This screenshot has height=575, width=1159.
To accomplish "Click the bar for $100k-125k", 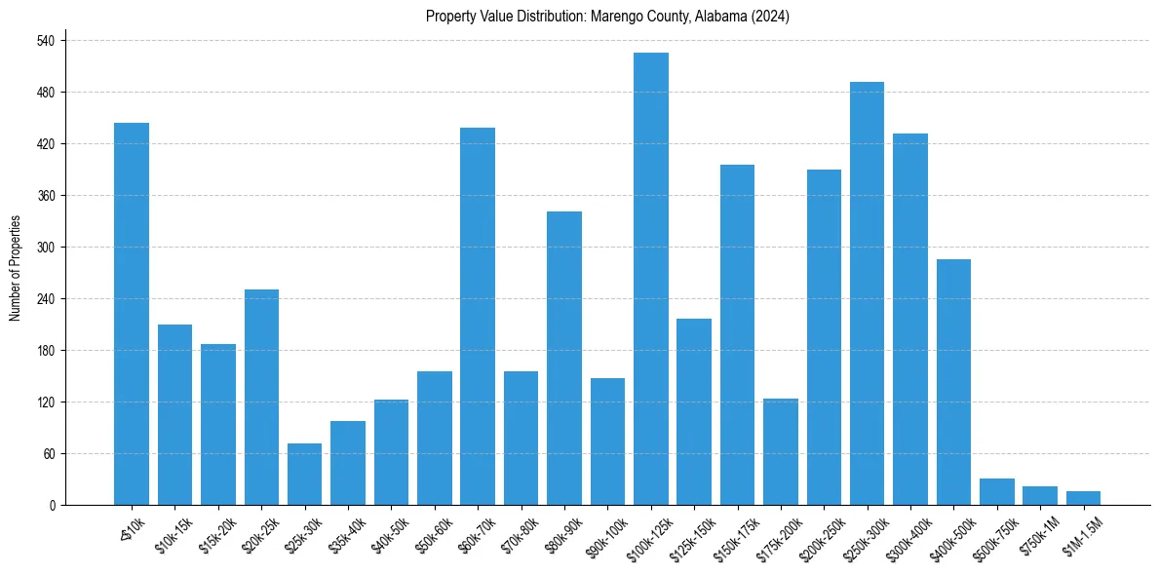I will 650,279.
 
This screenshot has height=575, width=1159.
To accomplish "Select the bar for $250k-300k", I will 867,293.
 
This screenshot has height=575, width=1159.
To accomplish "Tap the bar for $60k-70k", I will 478,316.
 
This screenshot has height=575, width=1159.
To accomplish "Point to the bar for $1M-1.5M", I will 1083,498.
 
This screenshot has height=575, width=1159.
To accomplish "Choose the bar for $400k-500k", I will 953,382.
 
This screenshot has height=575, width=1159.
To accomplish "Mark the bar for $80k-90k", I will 564,358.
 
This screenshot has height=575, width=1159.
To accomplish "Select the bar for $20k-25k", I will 261,397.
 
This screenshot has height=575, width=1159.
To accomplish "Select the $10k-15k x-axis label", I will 173,535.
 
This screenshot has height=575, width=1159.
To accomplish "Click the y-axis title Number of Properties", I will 15,268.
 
